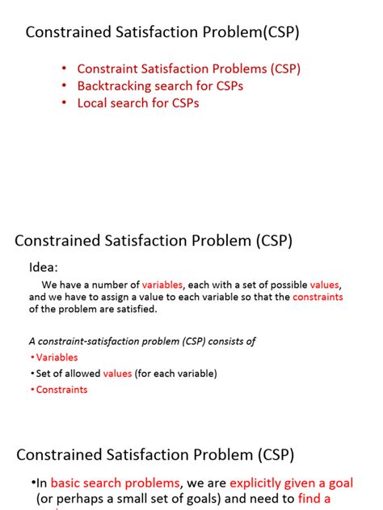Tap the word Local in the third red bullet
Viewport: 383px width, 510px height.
[x=92, y=102]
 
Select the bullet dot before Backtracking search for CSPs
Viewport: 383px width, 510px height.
[x=64, y=86]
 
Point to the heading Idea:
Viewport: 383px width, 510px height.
[x=44, y=267]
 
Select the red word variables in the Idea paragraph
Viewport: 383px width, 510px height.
[x=162, y=285]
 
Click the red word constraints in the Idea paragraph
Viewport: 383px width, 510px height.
[x=318, y=297]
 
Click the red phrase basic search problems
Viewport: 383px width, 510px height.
[x=115, y=483]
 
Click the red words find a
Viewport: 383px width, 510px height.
[x=315, y=499]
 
